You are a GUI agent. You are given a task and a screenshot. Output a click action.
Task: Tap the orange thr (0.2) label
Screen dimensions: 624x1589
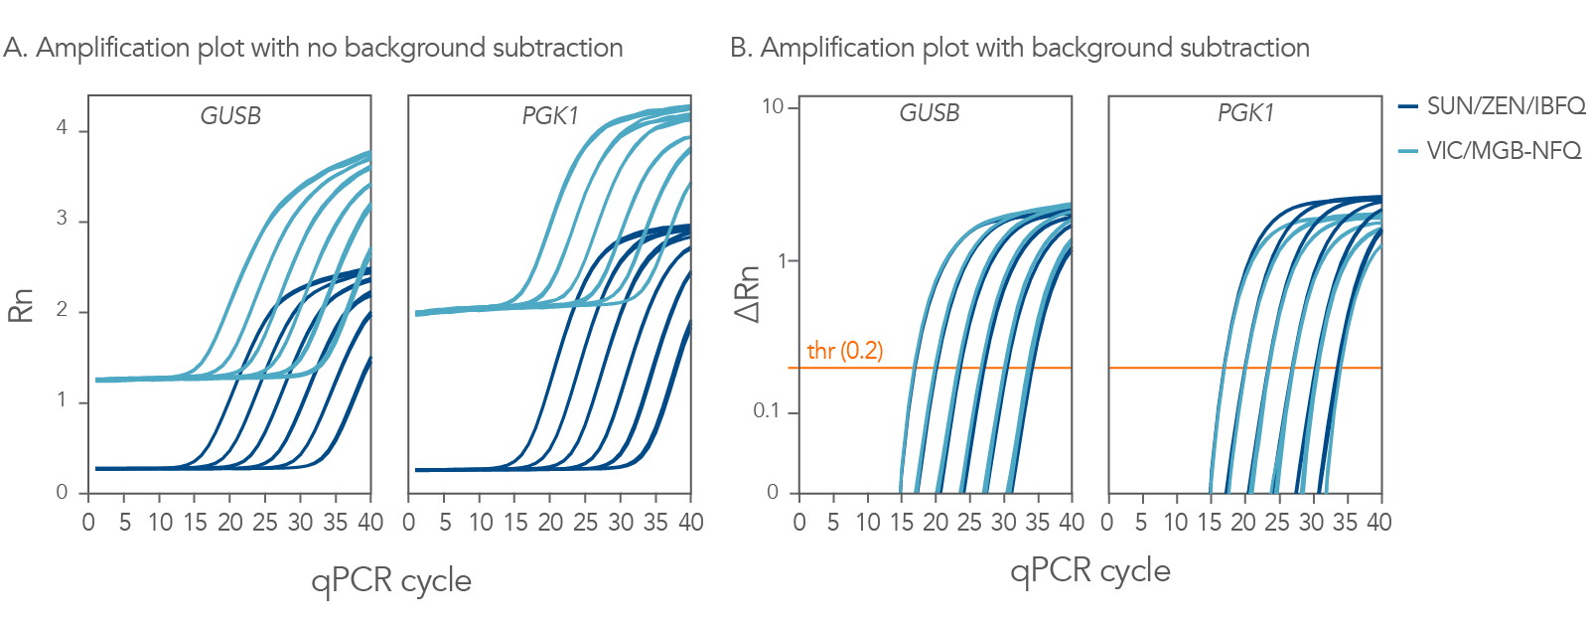coord(844,351)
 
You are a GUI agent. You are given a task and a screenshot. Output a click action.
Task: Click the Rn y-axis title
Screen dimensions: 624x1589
coord(21,305)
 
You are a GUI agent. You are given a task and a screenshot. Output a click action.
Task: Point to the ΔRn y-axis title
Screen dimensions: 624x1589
coord(747,294)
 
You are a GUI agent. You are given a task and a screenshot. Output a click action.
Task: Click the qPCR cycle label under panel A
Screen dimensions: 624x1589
coord(390,581)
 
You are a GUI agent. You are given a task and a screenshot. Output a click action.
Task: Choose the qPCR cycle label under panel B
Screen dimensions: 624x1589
coord(1089,571)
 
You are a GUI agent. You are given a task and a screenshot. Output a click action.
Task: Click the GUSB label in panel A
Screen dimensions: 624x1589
coord(230,116)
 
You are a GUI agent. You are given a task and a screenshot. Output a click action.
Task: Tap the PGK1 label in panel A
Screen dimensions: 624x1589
coord(550,116)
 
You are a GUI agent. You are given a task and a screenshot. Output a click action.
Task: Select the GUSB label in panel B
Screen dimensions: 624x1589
coord(930,113)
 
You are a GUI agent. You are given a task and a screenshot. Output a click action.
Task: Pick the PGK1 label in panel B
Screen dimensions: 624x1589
coord(1245,113)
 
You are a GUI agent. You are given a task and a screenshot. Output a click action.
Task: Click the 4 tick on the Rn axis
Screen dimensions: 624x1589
coord(62,128)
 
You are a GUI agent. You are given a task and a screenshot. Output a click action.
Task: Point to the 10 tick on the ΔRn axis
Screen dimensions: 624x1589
coord(773,106)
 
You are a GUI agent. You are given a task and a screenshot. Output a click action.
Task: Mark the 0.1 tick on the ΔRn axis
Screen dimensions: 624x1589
coord(766,411)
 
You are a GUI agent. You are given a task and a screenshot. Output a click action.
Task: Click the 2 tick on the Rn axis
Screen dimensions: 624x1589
coord(62,310)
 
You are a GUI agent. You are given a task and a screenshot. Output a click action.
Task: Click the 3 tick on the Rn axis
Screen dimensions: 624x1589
coord(62,219)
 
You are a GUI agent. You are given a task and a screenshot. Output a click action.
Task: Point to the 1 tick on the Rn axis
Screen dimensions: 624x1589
coord(62,400)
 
